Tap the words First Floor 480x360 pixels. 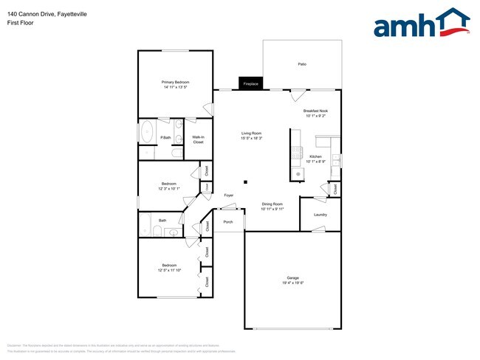[20, 23]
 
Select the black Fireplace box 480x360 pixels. [250, 84]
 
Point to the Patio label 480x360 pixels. [302, 65]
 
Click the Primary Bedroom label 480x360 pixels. [176, 81]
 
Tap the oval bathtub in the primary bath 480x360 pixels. [146, 131]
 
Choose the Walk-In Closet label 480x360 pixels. [198, 139]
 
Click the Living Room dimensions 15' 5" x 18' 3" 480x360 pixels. [252, 138]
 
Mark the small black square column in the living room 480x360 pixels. [246, 182]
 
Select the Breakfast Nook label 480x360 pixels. [315, 110]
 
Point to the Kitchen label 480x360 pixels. [315, 156]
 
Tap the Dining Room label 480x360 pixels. [272, 204]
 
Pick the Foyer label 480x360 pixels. [229, 195]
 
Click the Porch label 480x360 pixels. [228, 221]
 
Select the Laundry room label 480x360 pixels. [320, 215]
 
